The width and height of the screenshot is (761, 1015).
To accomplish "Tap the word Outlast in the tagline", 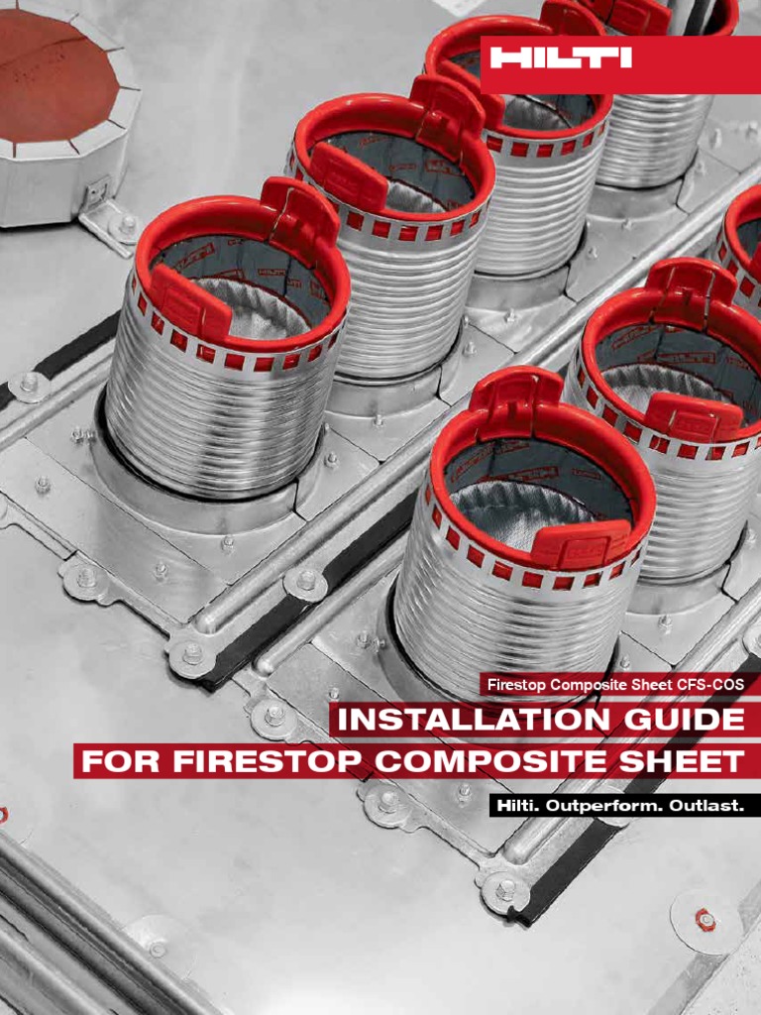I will [x=707, y=806].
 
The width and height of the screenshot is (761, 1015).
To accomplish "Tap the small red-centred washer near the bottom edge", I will [x=706, y=920].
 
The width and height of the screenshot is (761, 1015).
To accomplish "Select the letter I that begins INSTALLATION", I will [x=344, y=720].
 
